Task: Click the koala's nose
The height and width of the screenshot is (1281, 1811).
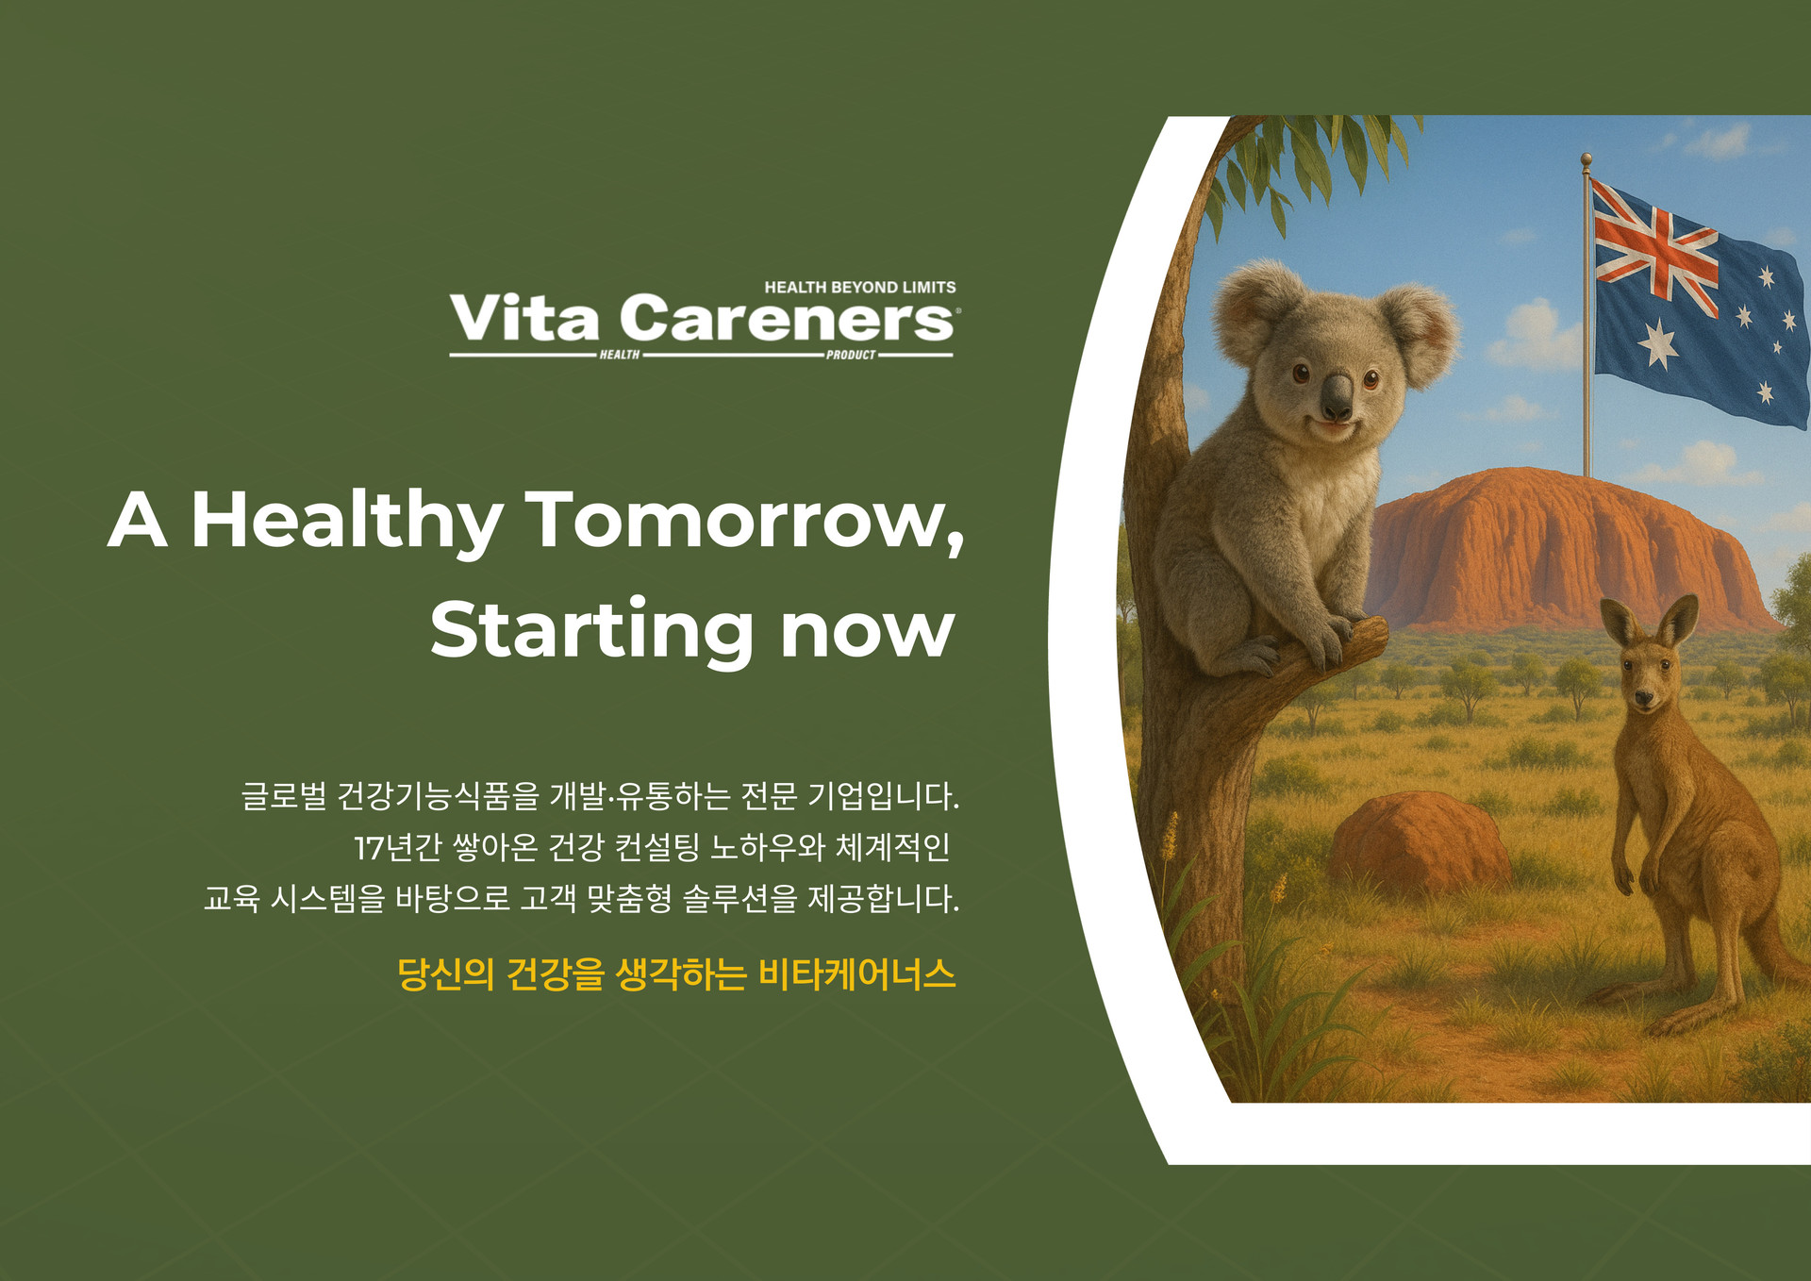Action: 1337,396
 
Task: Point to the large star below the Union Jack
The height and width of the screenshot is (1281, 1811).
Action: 1657,343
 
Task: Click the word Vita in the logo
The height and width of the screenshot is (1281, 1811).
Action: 524,318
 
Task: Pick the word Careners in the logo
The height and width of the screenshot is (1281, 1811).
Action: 788,318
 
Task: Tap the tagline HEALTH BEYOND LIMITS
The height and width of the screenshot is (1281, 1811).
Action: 860,287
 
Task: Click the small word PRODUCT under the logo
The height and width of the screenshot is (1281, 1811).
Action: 851,356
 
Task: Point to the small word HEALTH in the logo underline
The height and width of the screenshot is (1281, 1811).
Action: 620,356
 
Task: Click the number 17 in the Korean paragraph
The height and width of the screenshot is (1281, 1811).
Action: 369,848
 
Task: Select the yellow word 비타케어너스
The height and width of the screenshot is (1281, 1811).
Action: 857,973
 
